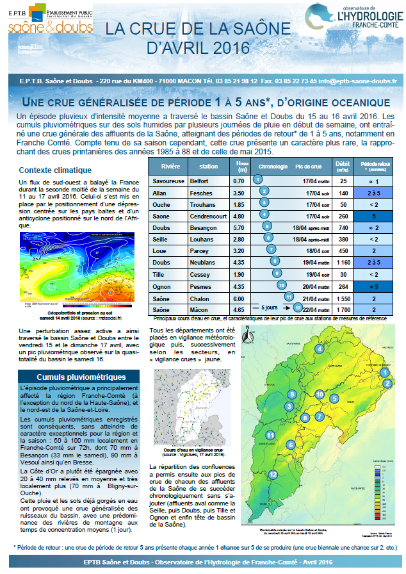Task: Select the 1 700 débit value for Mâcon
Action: (x=343, y=309)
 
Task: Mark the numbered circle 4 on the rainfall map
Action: (x=318, y=349)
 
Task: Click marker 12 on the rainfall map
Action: (x=273, y=475)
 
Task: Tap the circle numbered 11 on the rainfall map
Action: (x=270, y=435)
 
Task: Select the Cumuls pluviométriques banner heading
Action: (x=72, y=377)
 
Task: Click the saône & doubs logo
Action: (x=51, y=27)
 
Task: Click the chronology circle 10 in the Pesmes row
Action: (x=282, y=285)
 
